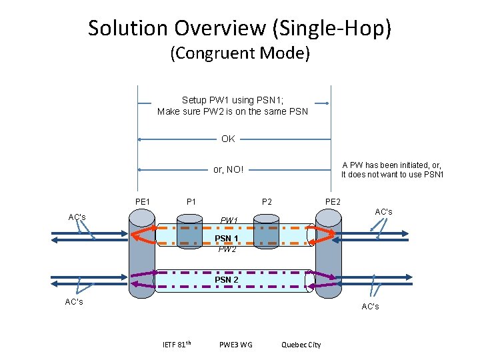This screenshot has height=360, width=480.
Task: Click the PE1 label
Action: click(x=142, y=201)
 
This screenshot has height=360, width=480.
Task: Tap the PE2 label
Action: click(x=333, y=201)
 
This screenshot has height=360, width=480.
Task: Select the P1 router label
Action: click(x=191, y=201)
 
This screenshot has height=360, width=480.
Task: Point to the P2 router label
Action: click(x=267, y=201)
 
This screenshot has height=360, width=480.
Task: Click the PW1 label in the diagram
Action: click(x=229, y=220)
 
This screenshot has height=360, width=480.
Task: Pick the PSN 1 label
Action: click(x=227, y=238)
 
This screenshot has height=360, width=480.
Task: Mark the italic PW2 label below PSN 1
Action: click(x=227, y=249)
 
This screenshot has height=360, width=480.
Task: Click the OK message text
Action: click(x=228, y=139)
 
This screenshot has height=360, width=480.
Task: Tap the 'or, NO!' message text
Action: click(x=228, y=169)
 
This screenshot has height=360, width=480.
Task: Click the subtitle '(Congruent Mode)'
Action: click(x=240, y=53)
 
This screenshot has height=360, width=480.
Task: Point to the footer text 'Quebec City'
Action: click(x=301, y=345)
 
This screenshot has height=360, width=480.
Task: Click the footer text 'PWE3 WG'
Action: click(x=235, y=345)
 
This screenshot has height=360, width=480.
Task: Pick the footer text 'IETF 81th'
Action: click(x=177, y=344)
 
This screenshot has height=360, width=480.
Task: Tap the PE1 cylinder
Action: click(x=142, y=253)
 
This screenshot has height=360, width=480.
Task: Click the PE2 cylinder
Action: click(x=328, y=253)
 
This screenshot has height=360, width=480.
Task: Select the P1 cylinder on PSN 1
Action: click(x=189, y=231)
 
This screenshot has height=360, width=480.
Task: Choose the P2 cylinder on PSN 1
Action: click(x=266, y=231)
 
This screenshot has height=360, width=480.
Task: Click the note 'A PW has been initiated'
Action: click(x=392, y=165)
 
